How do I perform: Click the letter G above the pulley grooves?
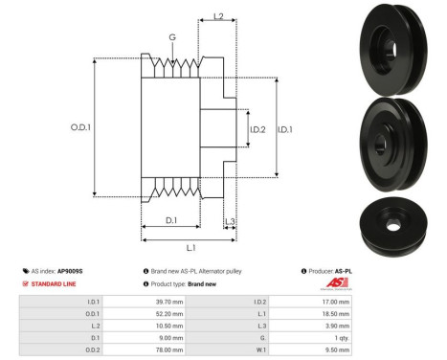coord(172,37)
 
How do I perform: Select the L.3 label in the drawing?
coord(231,222)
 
